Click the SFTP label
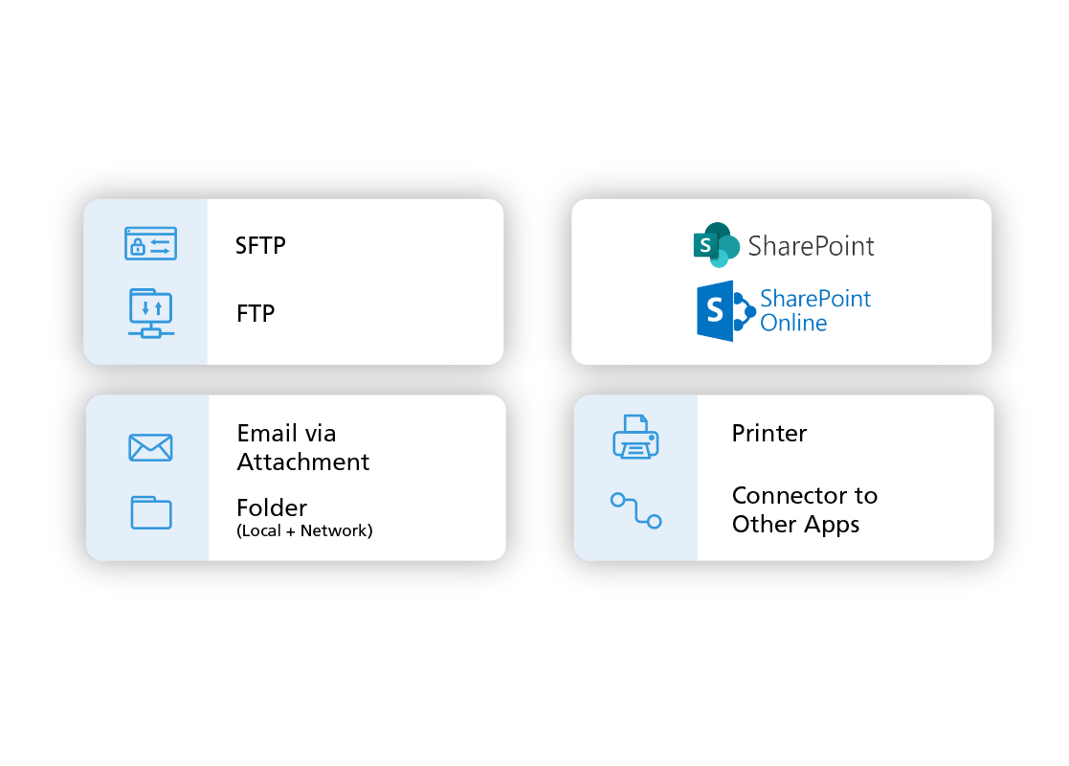260,246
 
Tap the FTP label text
256,313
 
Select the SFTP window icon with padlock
150,243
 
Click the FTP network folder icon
150,312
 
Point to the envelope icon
150,447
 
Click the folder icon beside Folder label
150,512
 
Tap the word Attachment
303,462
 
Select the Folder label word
272,507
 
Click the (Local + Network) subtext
304,530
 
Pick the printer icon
635,437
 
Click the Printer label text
769,434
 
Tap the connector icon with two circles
636,510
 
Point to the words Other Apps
795,525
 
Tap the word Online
793,323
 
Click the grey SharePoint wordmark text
812,246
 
